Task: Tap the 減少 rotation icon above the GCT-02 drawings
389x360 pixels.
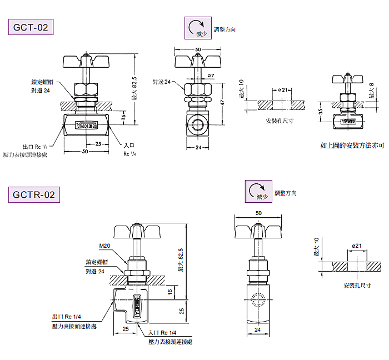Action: (198, 28)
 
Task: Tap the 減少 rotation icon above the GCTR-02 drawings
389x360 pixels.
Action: (259, 191)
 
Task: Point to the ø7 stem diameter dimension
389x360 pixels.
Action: (211, 75)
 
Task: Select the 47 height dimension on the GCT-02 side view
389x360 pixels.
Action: (222, 103)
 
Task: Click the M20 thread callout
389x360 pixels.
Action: (104, 246)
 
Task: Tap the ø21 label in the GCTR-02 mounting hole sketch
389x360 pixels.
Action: (357, 246)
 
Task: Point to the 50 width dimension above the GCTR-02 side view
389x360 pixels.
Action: (258, 213)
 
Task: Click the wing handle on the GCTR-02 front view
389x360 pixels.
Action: (134, 231)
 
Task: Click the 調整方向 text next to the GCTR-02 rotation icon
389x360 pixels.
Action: (286, 193)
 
